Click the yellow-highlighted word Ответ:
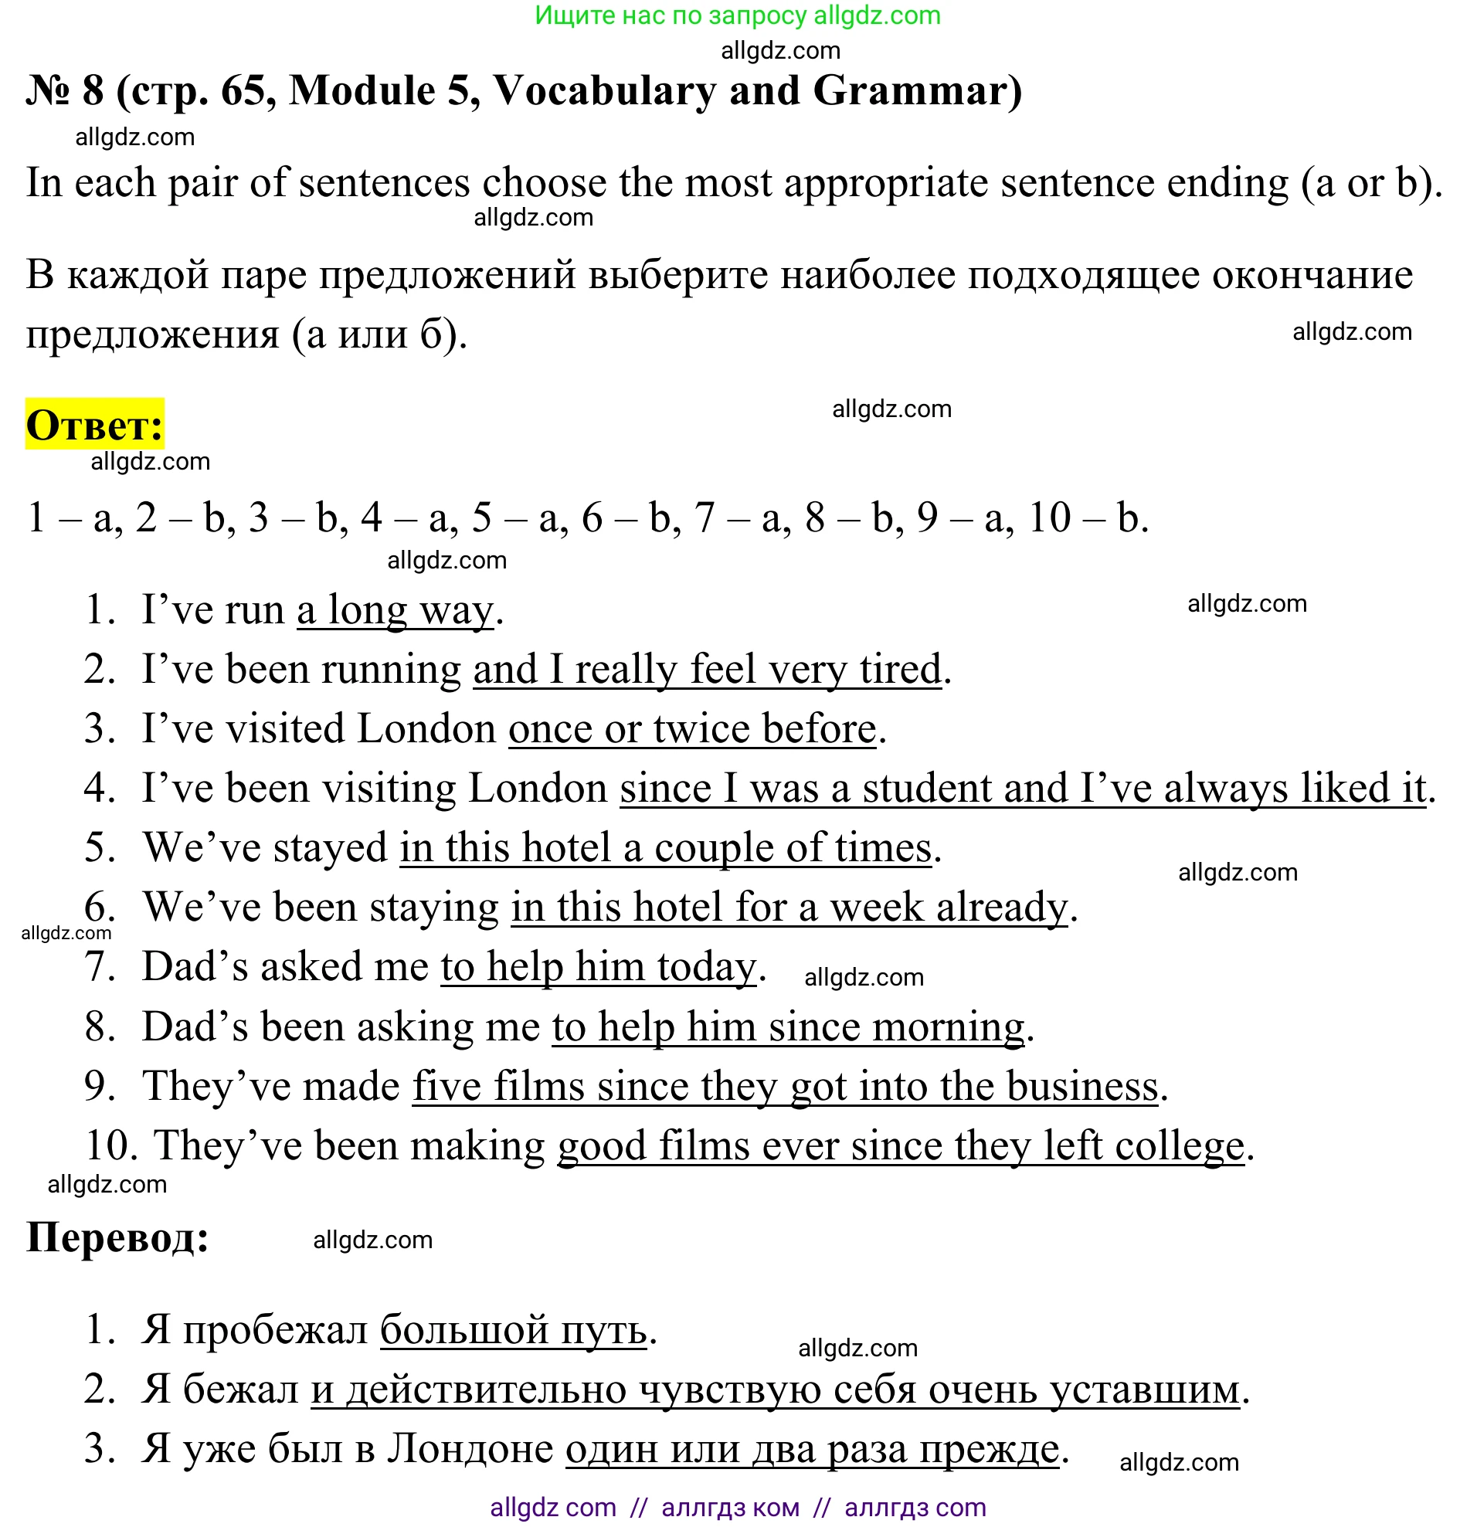[x=94, y=425]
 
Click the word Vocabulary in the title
[x=605, y=90]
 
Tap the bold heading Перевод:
[x=117, y=1237]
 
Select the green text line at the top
[x=738, y=15]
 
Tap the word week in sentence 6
[x=876, y=907]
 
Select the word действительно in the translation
[x=486, y=1389]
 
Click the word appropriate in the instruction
[x=886, y=183]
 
